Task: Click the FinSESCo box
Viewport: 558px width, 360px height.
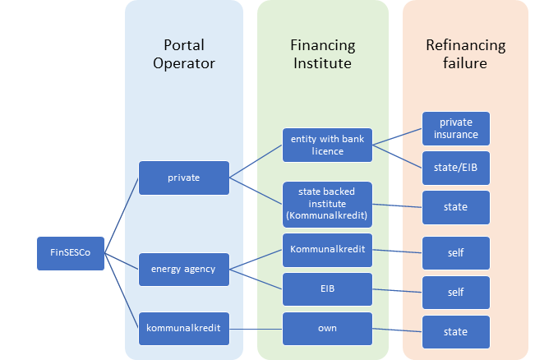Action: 70,253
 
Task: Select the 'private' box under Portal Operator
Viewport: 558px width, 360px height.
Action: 183,178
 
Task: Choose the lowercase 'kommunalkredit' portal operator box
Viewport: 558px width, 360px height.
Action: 183,329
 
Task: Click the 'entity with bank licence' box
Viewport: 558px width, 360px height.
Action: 325,145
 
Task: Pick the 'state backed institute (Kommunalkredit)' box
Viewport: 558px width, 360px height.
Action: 325,203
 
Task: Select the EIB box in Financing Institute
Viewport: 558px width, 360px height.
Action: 325,289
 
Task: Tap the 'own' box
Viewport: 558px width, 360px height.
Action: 325,329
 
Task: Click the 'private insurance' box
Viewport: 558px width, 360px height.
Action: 455,128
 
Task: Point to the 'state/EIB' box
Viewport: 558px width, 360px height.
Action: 455,168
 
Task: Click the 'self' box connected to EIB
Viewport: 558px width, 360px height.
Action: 455,293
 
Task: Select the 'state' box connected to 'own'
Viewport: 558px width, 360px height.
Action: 455,332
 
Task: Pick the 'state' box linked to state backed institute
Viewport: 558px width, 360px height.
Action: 455,207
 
